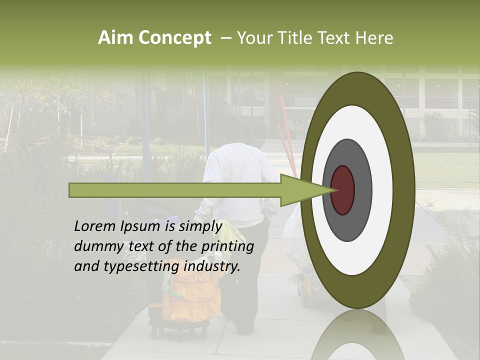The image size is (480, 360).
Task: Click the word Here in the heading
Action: pyautogui.click(x=374, y=38)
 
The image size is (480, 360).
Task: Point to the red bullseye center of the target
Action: pyautogui.click(x=343, y=190)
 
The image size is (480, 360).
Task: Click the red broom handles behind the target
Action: pyautogui.click(x=286, y=130)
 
